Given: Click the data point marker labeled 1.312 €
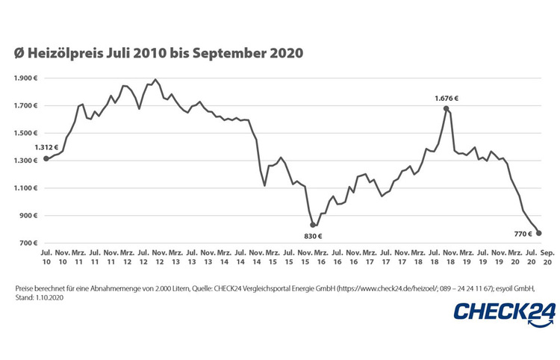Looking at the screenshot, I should tap(46, 158).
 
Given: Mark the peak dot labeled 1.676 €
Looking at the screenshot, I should tap(447, 108).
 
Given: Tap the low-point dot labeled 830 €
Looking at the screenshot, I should tap(314, 225).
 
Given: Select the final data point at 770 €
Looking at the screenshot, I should tap(539, 233).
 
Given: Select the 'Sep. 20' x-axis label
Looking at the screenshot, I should tap(547, 258).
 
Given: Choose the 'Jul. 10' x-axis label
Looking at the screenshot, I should tap(46, 258).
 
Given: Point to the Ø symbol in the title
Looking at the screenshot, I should tap(19, 54).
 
